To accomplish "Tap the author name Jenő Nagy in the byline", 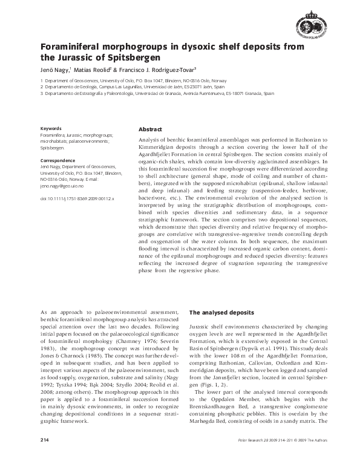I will click(54, 70).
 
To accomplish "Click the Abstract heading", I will click(150, 130).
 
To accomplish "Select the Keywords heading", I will click(51, 129).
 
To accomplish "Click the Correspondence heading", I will click(57, 161).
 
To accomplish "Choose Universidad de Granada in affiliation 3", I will click(187, 94).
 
